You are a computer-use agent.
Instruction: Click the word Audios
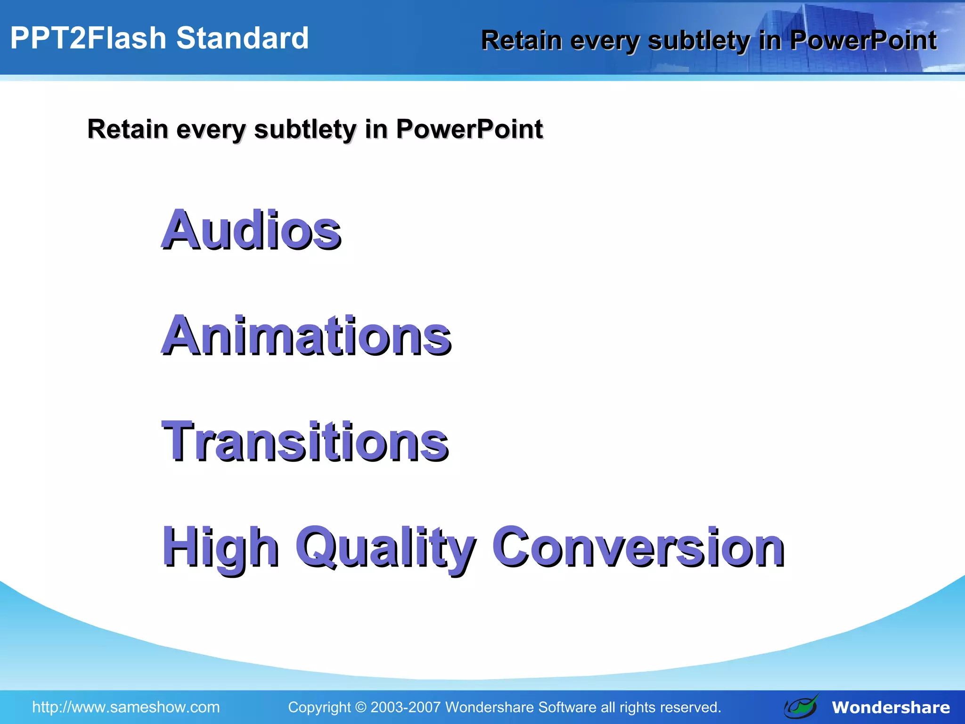pos(251,230)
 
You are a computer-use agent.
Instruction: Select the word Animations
pos(306,336)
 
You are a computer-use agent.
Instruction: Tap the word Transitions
pos(305,441)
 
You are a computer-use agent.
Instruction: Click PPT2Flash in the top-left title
pos(88,38)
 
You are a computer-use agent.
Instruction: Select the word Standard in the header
pos(242,38)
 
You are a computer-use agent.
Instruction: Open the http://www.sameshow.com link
pos(126,707)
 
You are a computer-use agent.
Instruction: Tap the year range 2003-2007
pos(405,707)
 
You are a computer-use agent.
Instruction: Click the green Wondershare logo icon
pos(801,707)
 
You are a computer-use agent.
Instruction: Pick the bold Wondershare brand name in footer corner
pos(891,708)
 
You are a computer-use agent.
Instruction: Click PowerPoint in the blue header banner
pos(863,41)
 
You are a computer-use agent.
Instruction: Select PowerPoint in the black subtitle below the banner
pos(469,129)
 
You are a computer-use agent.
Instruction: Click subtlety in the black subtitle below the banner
pos(305,130)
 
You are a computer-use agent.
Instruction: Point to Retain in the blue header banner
pos(521,41)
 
